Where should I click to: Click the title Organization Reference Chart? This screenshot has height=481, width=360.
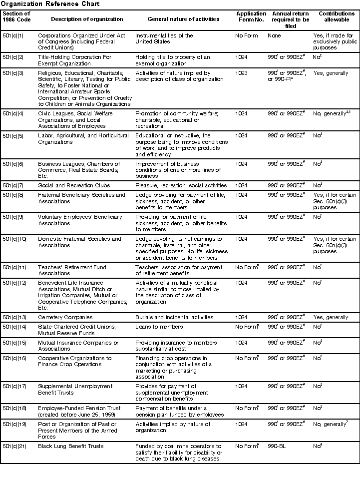pos(49,4)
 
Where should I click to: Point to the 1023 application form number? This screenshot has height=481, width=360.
pos(242,73)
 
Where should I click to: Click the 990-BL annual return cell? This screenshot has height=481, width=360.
pos(278,447)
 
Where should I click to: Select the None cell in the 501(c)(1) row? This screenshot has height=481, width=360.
pos(274,36)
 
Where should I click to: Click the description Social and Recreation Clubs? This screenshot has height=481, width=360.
pos(74,185)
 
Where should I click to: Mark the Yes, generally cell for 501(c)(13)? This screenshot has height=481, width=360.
pos(331,317)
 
